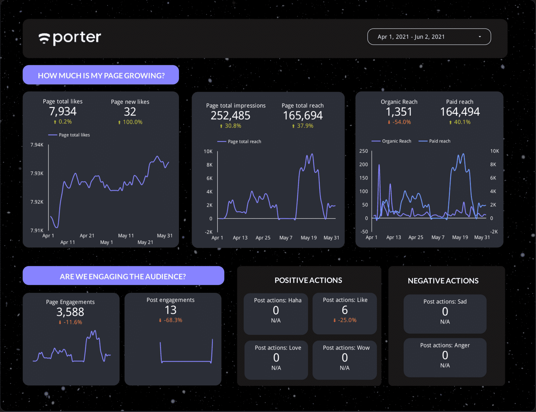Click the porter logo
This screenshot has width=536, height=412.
point(70,38)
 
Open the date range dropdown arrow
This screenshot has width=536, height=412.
point(480,37)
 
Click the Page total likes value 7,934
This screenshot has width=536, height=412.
point(63,112)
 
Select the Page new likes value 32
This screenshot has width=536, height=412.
point(130,112)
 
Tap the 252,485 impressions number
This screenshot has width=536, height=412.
point(230,116)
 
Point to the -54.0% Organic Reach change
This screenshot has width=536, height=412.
point(399,122)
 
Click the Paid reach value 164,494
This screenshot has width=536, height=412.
point(460,112)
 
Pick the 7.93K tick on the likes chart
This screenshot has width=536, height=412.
point(37,173)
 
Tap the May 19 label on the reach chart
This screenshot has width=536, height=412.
point(308,238)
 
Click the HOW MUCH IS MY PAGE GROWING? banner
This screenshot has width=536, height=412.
point(101,75)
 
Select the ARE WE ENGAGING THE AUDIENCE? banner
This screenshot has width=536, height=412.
point(123,276)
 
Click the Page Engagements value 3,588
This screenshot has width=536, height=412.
point(70,312)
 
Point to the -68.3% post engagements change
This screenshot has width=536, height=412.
point(171,320)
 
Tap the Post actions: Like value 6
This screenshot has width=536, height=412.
point(345,310)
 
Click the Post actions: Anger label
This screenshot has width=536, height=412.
point(445,345)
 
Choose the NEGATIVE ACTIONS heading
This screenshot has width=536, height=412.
point(443,281)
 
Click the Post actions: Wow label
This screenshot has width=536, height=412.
point(346,348)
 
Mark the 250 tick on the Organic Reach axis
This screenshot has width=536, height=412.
point(364,151)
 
